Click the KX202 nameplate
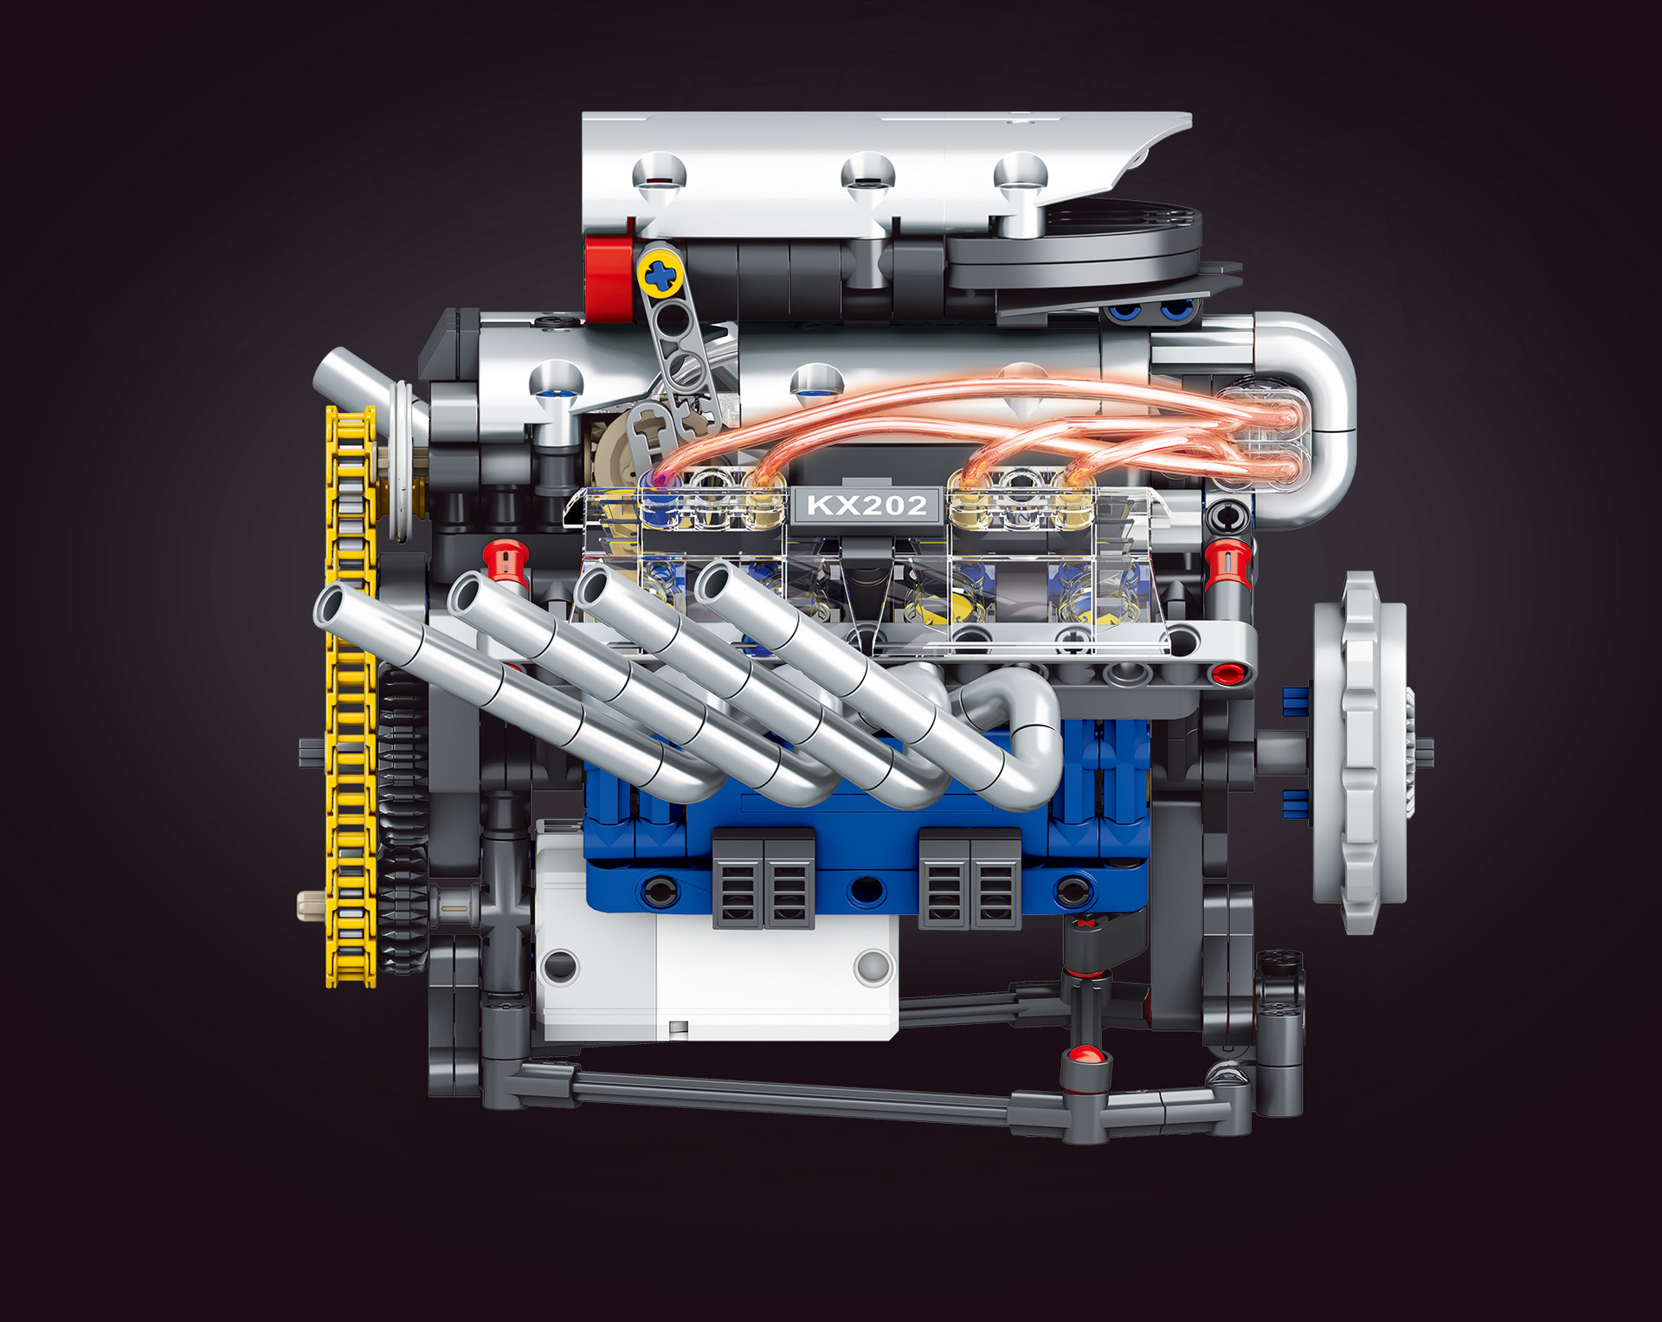pyautogui.click(x=866, y=505)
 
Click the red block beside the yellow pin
pyautogui.click(x=609, y=275)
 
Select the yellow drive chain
pyautogui.click(x=350, y=693)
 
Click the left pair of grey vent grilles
pyautogui.click(x=763, y=879)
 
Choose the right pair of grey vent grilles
pyautogui.click(x=969, y=879)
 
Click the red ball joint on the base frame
pyautogui.click(x=1085, y=1055)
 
